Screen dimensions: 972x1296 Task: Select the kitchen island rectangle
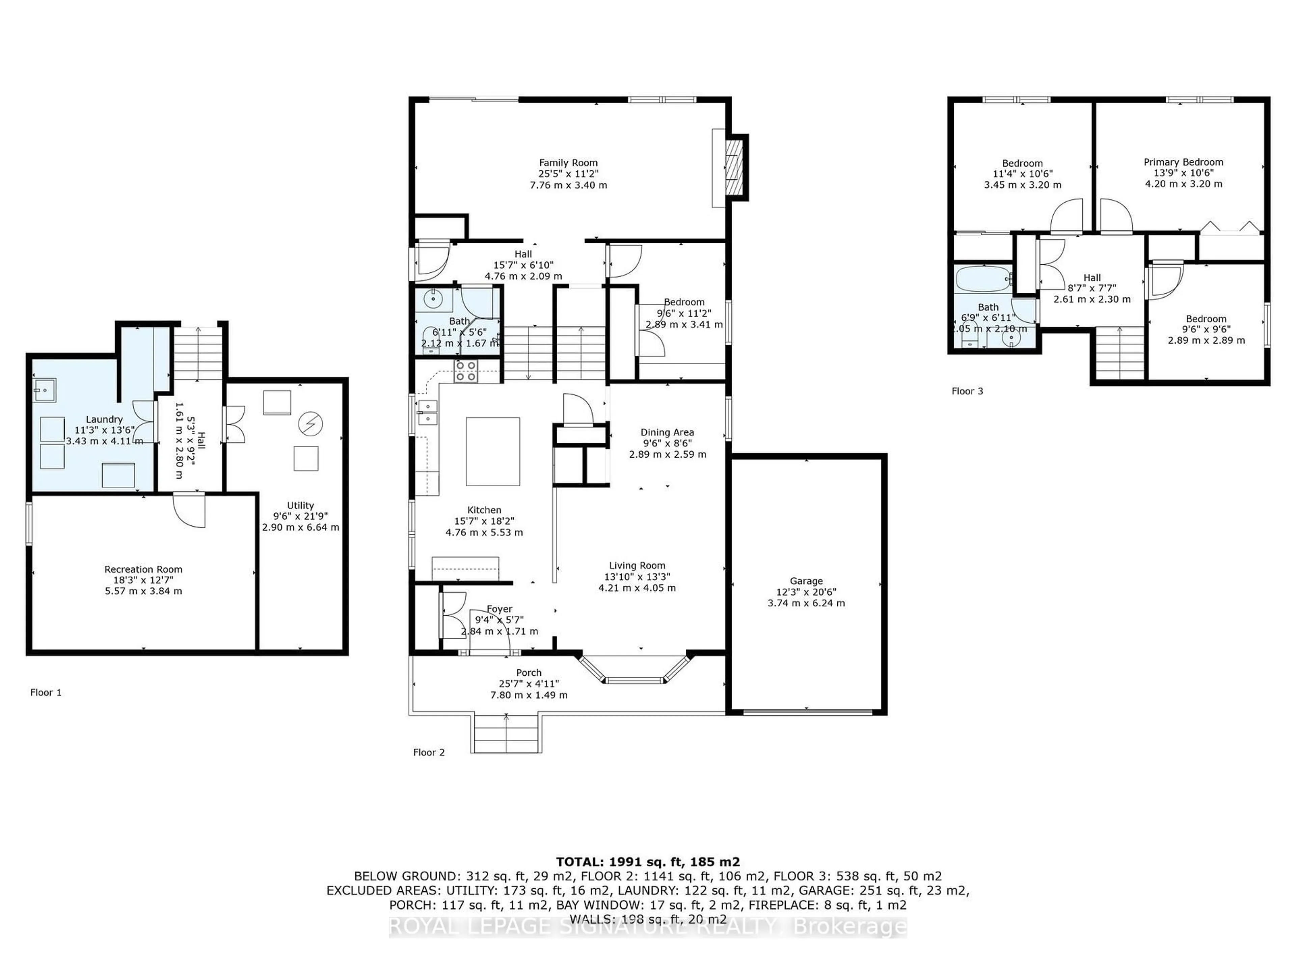pyautogui.click(x=492, y=451)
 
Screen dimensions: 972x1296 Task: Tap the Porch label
pyautogui.click(x=529, y=673)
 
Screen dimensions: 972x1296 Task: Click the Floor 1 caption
pyautogui.click(x=46, y=693)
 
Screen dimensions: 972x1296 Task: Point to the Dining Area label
pyautogui.click(x=667, y=432)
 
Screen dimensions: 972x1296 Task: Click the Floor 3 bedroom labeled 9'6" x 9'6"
pyautogui.click(x=1206, y=329)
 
